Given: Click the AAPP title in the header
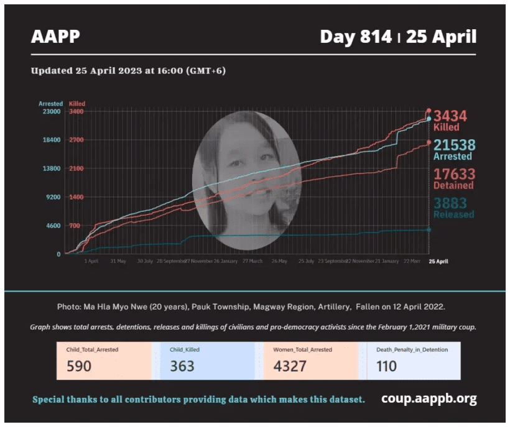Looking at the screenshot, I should click(x=55, y=37).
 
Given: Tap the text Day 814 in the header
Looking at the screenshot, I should click(x=356, y=37).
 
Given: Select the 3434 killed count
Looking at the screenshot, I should click(x=450, y=116).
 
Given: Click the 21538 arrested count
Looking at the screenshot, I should click(x=454, y=145).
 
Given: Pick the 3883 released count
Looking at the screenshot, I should click(x=450, y=203).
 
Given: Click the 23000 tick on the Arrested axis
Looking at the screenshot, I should click(x=51, y=111).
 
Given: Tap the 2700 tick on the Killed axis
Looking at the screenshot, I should click(x=76, y=140).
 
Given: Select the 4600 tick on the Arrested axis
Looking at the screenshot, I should click(x=53, y=226).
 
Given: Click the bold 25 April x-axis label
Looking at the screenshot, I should click(x=438, y=262).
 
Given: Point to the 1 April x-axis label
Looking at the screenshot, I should click(x=91, y=262).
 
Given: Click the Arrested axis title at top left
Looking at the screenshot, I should click(x=50, y=104).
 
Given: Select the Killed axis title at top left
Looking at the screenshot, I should click(x=77, y=104).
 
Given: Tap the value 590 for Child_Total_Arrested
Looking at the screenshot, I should click(x=79, y=366).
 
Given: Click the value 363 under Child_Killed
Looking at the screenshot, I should click(x=182, y=366).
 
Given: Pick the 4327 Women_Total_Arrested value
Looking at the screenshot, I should click(x=290, y=366).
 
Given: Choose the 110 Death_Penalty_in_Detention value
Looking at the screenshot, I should click(x=387, y=366).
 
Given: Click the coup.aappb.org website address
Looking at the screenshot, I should click(x=429, y=398).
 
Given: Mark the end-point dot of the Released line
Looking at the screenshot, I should click(x=429, y=229).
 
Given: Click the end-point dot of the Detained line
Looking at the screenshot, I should click(x=429, y=143).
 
